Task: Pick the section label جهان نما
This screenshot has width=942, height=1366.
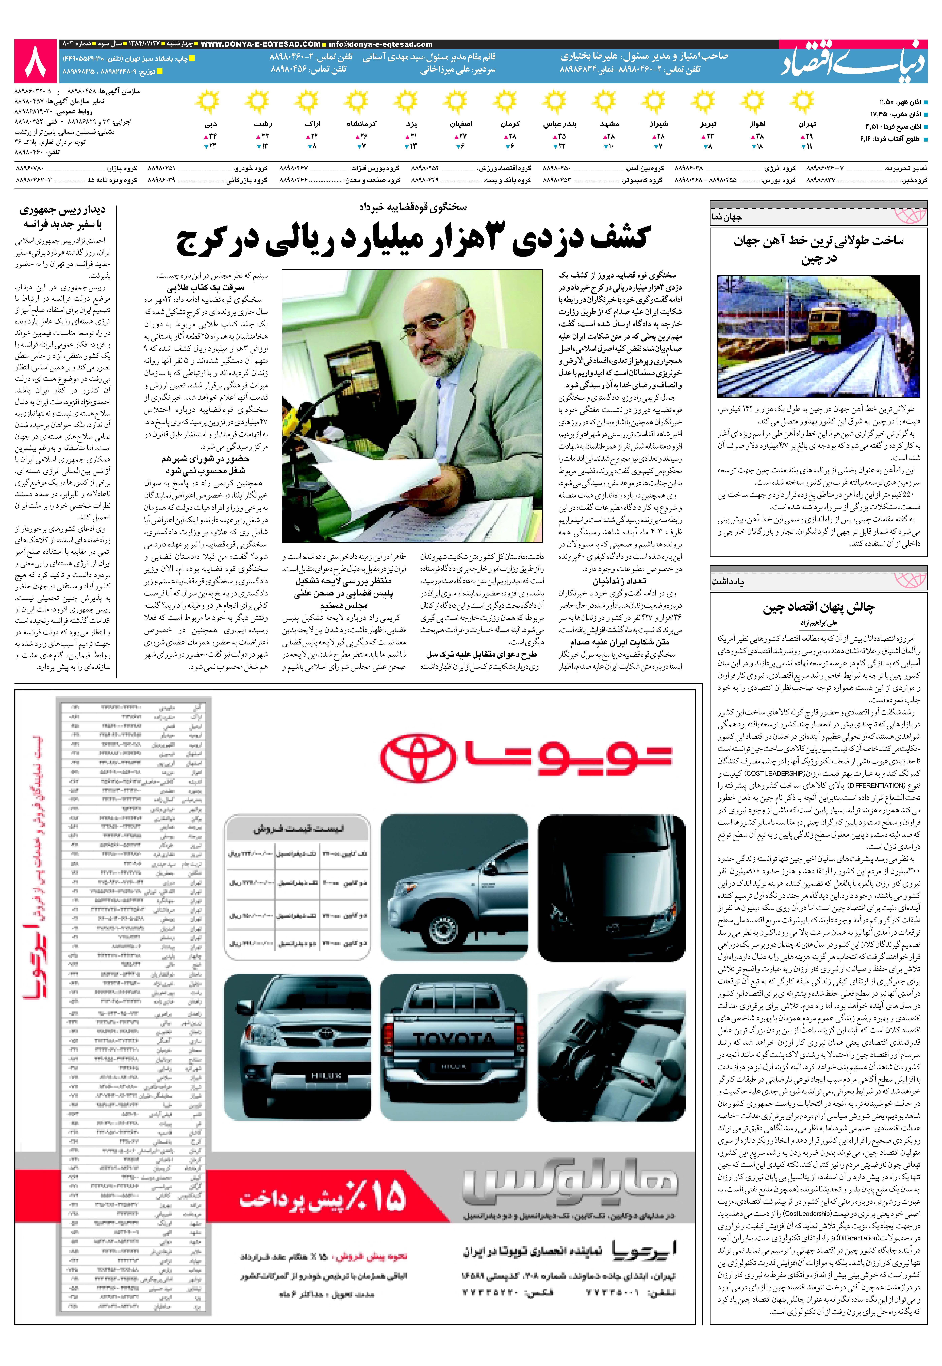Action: (727, 217)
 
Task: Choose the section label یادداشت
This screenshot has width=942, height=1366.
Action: (728, 581)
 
